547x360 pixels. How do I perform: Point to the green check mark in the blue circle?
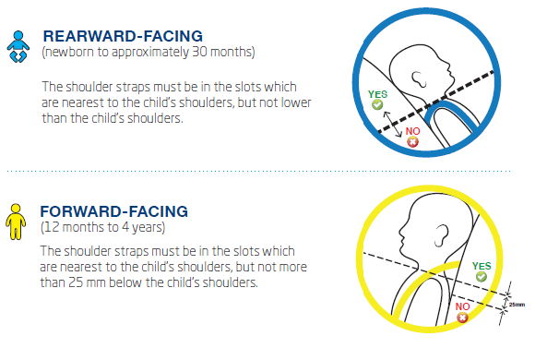(x=377, y=106)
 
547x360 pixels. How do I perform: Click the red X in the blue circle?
(x=412, y=141)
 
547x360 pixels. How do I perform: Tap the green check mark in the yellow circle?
(x=481, y=275)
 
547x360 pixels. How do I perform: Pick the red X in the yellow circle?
(x=463, y=317)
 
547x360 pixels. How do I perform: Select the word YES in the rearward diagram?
(x=377, y=93)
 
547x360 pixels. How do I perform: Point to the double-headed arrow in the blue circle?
(x=398, y=121)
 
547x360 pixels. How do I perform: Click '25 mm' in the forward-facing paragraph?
(x=80, y=282)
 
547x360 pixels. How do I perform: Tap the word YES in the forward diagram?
(x=481, y=262)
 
